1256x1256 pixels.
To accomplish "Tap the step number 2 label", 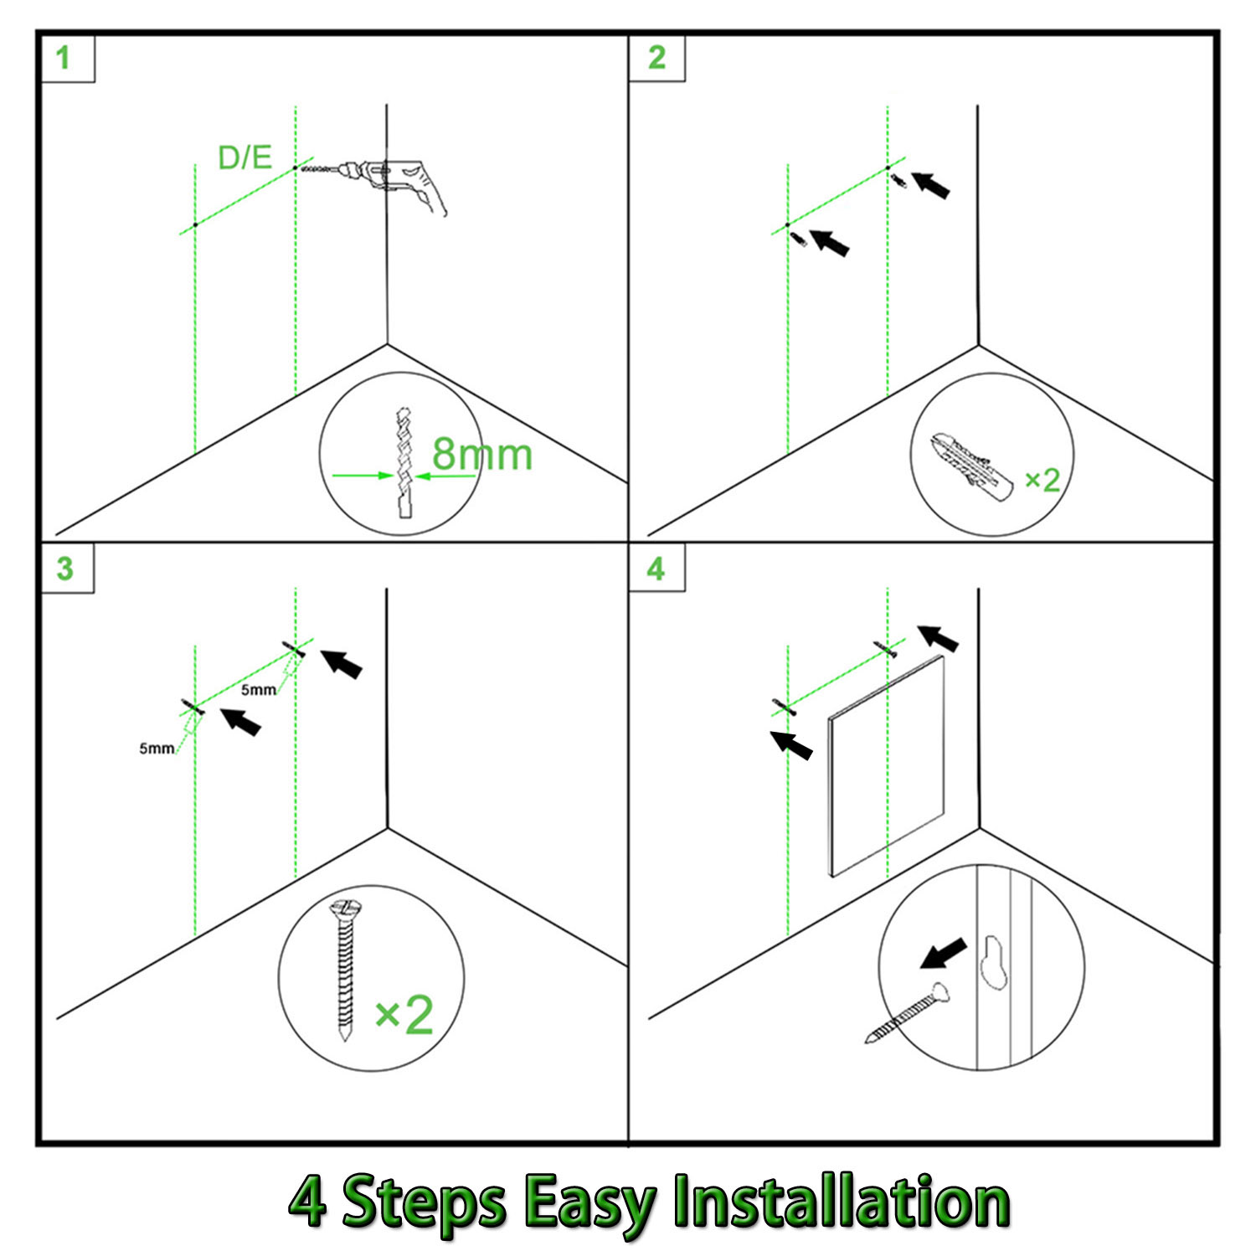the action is (x=656, y=58).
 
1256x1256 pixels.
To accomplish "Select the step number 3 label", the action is (x=64, y=569).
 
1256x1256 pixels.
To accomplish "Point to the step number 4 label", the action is (x=656, y=569).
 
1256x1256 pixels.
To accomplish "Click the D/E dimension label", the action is (x=245, y=157).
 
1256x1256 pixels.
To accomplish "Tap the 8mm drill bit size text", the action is (x=481, y=455).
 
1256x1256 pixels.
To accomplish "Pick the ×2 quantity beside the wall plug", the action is (x=1042, y=480).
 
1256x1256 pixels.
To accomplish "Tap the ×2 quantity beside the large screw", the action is (x=404, y=1015).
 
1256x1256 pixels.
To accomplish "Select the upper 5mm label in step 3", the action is (x=259, y=690).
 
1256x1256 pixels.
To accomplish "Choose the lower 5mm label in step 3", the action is (x=157, y=748).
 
